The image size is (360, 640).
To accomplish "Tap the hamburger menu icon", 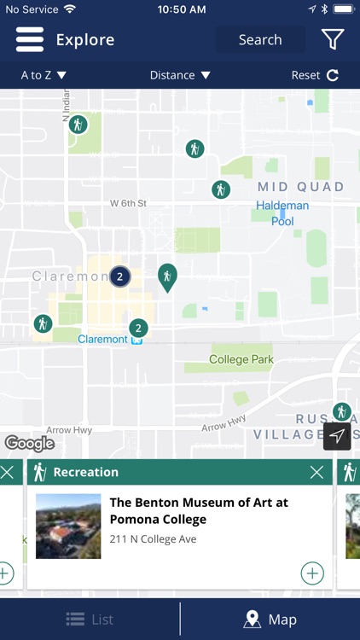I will click(29, 39).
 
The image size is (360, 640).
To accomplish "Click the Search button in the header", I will click(260, 39).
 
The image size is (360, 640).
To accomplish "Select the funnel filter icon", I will click(333, 39).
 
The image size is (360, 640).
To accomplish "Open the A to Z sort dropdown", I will click(44, 75).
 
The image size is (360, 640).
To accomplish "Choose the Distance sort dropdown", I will click(180, 75).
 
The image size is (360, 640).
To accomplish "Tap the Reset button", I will click(315, 75).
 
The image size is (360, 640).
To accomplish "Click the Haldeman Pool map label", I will click(282, 212).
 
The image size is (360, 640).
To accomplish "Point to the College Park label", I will click(241, 359).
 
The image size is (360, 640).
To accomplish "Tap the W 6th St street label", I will click(129, 203).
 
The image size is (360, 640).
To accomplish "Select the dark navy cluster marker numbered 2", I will click(120, 276).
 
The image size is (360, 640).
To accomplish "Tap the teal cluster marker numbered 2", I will click(138, 328).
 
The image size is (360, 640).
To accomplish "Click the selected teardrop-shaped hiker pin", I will click(167, 276).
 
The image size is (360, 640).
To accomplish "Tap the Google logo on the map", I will click(29, 443).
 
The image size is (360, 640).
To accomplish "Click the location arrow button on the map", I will click(337, 436).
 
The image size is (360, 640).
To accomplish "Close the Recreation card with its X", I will click(316, 472).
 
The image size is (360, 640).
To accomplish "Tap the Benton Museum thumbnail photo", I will click(68, 527).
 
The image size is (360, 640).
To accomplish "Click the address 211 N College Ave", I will click(153, 538).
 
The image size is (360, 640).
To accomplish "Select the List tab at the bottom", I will click(90, 620).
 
